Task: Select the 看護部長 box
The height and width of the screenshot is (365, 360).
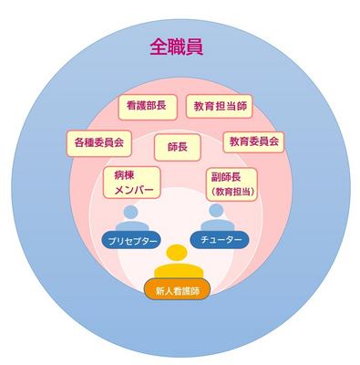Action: (146, 107)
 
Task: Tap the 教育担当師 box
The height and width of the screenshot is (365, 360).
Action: (218, 107)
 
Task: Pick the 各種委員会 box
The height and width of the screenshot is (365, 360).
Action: (99, 142)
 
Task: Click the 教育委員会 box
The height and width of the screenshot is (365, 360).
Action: (254, 142)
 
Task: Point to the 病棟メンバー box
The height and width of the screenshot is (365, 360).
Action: (133, 182)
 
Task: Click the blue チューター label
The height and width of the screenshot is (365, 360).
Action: (218, 239)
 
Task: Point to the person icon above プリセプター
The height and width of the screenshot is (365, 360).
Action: (133, 218)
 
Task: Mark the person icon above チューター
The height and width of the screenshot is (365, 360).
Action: (217, 217)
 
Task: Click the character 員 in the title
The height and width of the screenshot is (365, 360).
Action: (195, 46)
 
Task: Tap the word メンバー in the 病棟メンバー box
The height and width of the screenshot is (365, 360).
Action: (133, 191)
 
